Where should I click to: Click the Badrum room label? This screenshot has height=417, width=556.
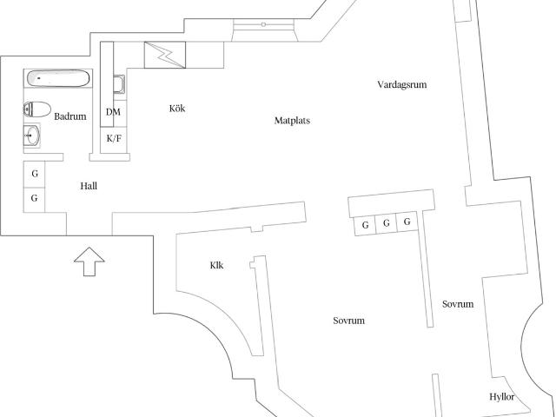click(x=70, y=116)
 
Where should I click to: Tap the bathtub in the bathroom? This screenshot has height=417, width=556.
click(x=58, y=78)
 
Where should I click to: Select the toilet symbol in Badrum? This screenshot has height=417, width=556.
click(x=36, y=109)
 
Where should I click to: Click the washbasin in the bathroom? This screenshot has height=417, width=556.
click(x=32, y=136)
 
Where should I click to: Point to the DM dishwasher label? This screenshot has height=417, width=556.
click(x=113, y=112)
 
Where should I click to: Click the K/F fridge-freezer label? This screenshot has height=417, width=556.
click(x=114, y=139)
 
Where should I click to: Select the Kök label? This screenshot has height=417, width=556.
click(x=177, y=108)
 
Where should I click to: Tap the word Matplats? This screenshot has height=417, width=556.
click(x=292, y=121)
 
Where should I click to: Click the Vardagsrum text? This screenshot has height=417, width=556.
click(x=401, y=85)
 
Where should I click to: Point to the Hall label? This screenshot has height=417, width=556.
click(x=89, y=186)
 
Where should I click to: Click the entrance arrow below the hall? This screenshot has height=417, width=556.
click(x=89, y=261)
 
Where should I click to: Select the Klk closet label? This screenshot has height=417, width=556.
click(x=216, y=265)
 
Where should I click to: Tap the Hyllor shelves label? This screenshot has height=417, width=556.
click(x=502, y=397)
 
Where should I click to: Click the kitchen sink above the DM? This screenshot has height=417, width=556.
click(x=119, y=84)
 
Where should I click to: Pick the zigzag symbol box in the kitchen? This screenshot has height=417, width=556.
click(x=165, y=55)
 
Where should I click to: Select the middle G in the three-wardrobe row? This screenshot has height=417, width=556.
click(x=387, y=223)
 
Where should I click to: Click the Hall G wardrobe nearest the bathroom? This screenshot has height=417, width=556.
click(x=35, y=174)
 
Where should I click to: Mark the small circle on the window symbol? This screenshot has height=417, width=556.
click(x=263, y=24)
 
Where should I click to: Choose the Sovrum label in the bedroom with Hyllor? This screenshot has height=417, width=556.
click(x=458, y=304)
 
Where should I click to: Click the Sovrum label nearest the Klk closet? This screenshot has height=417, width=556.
click(x=348, y=321)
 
